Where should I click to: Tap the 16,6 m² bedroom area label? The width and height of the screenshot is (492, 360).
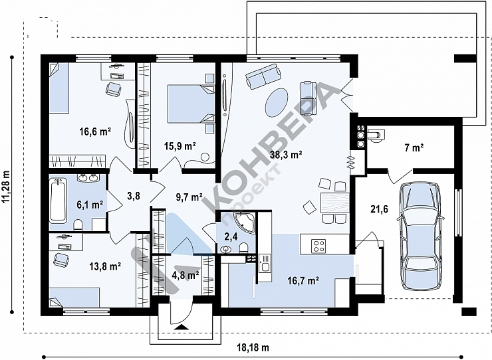(95, 132)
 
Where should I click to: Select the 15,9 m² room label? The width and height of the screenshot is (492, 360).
(180, 146)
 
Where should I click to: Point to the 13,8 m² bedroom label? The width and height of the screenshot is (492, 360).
(106, 266)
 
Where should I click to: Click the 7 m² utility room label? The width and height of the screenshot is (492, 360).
(414, 147)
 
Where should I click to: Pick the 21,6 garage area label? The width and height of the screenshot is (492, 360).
(379, 209)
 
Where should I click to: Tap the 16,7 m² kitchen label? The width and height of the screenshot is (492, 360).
(303, 280)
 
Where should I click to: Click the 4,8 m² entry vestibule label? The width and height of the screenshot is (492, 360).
(186, 276)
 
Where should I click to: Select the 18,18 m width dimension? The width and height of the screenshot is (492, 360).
(253, 347)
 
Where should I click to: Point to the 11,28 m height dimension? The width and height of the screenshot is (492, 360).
(6, 187)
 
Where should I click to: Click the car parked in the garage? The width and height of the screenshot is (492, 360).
(420, 236)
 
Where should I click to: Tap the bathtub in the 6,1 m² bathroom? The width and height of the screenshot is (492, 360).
(58, 201)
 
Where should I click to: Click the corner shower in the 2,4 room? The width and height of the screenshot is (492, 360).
(243, 221)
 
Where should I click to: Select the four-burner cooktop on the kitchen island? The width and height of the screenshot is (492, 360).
(318, 246)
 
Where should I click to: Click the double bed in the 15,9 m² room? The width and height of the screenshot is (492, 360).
(191, 104)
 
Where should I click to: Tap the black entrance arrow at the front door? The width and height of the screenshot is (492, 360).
(181, 327)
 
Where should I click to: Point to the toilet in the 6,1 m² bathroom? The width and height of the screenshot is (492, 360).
(78, 225)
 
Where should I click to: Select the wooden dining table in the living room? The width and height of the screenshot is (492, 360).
(334, 203)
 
